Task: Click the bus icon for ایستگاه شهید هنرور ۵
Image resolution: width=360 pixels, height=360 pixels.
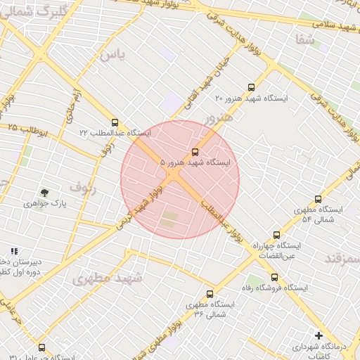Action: tap(195, 151)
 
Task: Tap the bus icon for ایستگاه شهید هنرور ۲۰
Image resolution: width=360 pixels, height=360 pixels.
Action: tap(252, 87)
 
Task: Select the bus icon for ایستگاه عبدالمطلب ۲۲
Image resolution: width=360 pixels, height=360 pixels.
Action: tap(115, 122)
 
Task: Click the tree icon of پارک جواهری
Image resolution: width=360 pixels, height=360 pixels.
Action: tap(45, 192)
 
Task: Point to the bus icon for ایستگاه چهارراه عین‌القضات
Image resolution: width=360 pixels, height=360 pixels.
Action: tap(276, 235)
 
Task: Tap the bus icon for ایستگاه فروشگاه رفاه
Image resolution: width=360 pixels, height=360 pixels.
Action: tap(278, 276)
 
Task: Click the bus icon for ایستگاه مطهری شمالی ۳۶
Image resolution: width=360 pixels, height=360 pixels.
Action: tap(210, 294)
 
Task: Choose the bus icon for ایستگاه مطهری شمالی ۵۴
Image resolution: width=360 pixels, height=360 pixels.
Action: tap(318, 199)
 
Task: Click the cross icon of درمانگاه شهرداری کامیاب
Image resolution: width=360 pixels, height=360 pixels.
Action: tap(319, 335)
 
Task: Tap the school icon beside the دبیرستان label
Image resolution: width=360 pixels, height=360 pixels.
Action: tap(14, 251)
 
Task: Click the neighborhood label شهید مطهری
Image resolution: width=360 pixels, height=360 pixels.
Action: tap(107, 277)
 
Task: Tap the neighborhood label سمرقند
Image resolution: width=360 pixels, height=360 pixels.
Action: tap(343, 258)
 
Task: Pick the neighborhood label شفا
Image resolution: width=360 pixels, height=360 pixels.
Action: tap(305, 40)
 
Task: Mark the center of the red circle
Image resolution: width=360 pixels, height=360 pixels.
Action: tap(180, 179)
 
